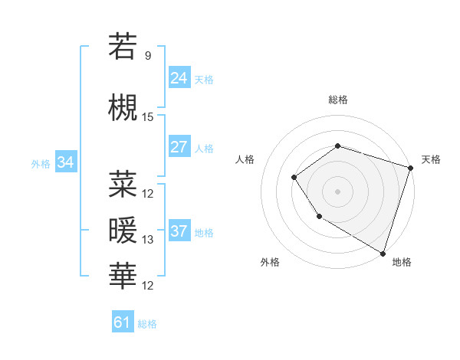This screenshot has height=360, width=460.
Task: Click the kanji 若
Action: (123, 47)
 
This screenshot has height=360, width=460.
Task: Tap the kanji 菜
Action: (123, 184)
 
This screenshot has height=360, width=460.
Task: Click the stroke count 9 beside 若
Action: (148, 56)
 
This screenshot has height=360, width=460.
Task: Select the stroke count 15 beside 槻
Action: (148, 117)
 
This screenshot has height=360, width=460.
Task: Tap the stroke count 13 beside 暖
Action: (148, 240)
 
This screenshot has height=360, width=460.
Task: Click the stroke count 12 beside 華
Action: (148, 286)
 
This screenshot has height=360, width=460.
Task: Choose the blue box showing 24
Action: (179, 78)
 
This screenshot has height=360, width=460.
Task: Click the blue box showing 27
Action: (179, 147)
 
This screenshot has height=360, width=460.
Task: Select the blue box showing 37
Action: (179, 231)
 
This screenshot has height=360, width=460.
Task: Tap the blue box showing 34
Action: (66, 162)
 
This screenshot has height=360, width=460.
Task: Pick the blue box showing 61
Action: (123, 322)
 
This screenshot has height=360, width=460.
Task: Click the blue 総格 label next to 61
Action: (147, 324)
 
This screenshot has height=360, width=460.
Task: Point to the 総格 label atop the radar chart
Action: (337, 100)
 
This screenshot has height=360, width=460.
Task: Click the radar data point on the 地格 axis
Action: (383, 252)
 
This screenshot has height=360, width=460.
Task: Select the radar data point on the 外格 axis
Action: (319, 218)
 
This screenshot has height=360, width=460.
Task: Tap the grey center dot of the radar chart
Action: (337, 191)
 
